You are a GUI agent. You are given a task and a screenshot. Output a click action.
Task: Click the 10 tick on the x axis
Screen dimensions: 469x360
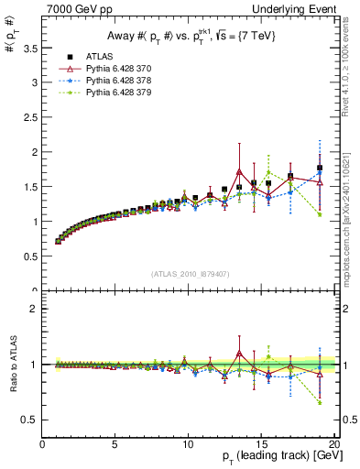point(188,443)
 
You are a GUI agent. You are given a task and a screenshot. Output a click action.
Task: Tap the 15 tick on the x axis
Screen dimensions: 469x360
point(261,443)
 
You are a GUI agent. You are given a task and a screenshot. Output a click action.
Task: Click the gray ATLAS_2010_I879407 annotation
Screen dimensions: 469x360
point(190,274)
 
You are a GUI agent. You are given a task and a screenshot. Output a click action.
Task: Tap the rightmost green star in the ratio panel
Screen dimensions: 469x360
point(320,402)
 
